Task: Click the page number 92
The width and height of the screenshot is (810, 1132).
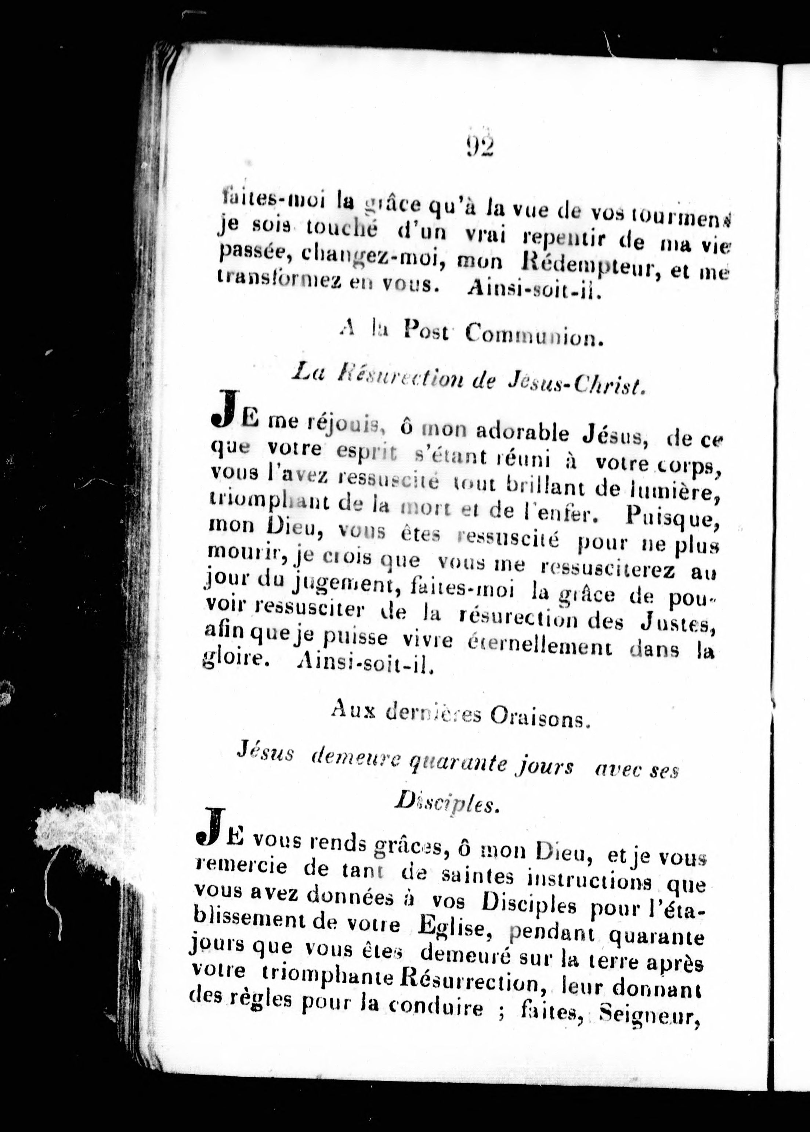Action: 480,146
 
